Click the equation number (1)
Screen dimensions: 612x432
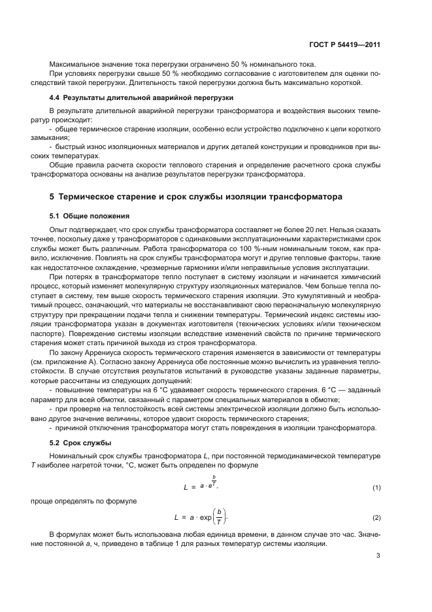[x=376, y=488]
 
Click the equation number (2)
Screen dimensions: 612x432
[x=376, y=518]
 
